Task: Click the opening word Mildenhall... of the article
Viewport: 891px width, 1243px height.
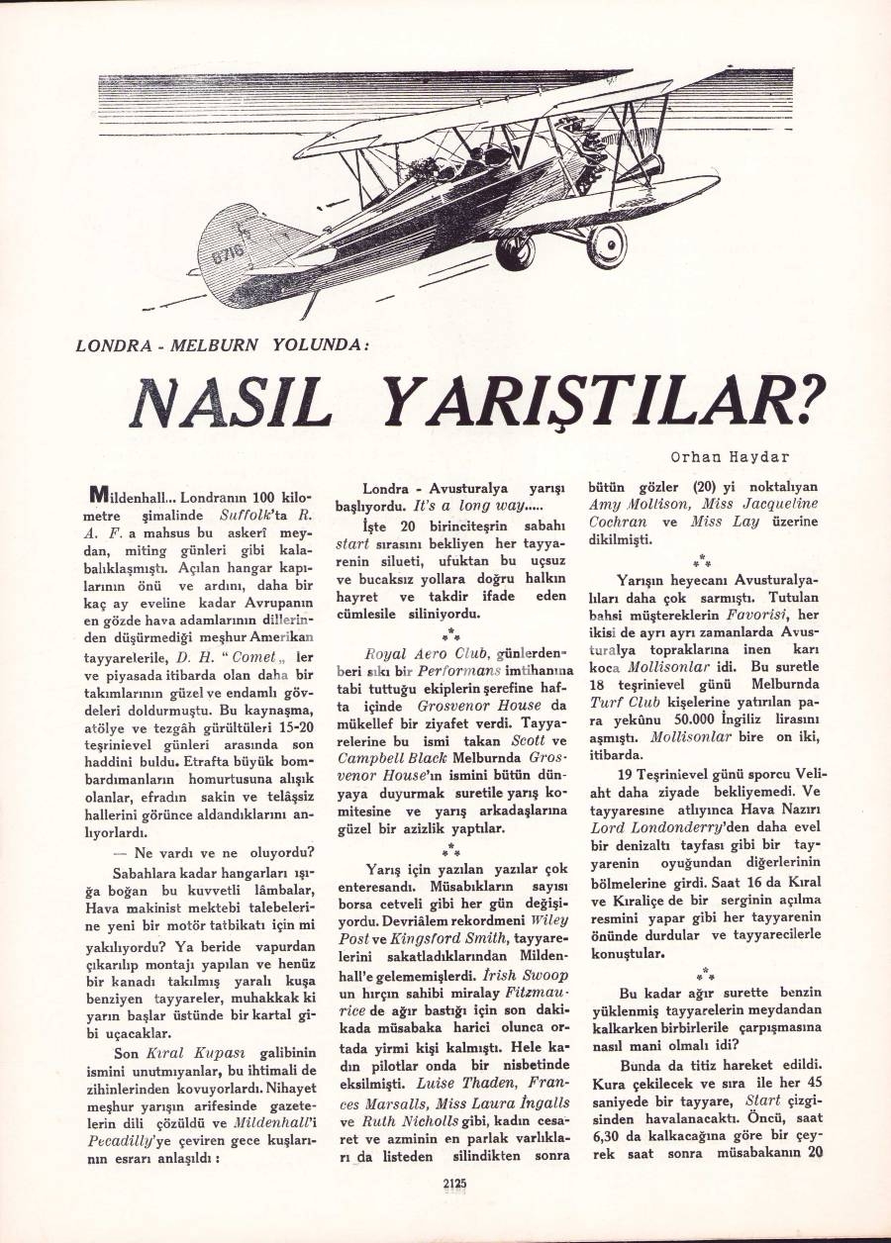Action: point(131,494)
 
